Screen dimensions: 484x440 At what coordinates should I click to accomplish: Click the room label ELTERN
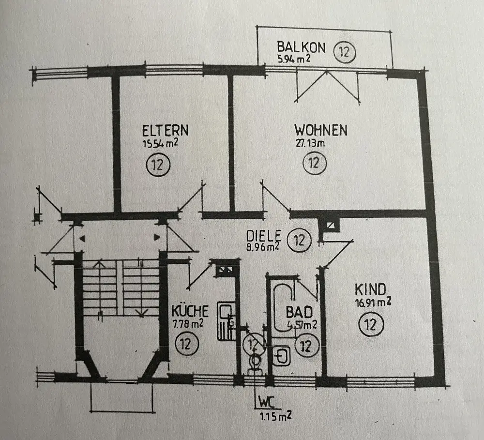165,131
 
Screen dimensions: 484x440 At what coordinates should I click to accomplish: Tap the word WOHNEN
321,130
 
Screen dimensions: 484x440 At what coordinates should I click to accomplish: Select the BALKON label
301,47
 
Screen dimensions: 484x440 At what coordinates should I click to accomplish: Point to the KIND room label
370,290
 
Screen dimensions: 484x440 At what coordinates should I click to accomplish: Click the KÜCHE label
190,310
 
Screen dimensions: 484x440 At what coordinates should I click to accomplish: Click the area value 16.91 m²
373,303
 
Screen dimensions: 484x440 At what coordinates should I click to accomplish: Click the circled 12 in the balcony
344,52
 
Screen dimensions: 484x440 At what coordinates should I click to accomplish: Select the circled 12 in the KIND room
371,324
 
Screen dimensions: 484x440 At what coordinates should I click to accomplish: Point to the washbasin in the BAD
282,357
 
